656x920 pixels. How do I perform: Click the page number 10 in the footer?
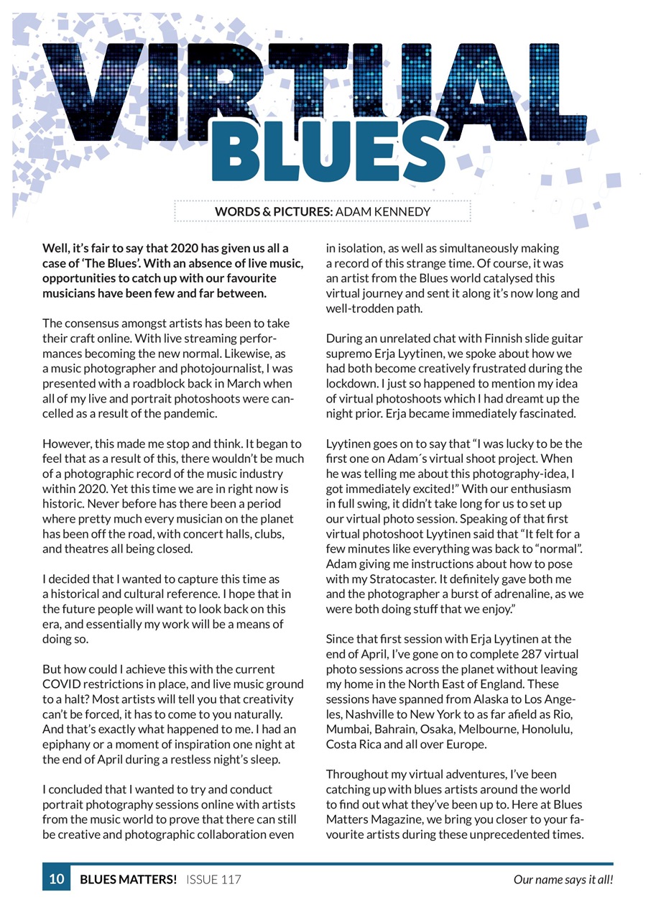point(56,879)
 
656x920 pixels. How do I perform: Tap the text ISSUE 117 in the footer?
point(213,879)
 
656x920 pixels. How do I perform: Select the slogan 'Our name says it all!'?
point(563,879)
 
